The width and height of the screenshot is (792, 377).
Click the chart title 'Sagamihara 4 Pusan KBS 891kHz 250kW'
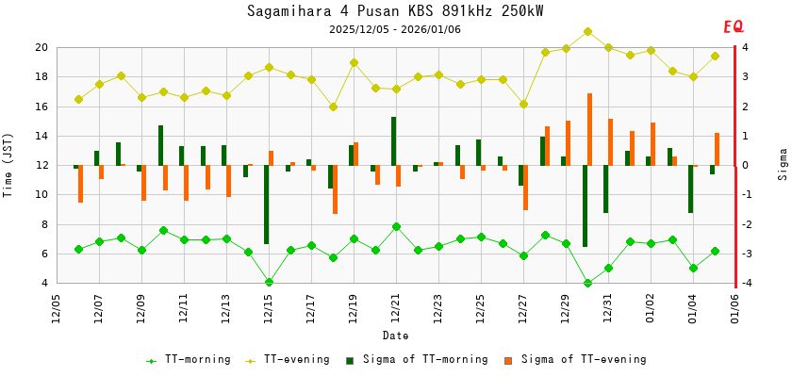click(x=395, y=11)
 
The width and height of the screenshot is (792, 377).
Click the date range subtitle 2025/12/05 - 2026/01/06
click(x=395, y=29)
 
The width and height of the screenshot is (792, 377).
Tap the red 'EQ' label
click(x=733, y=27)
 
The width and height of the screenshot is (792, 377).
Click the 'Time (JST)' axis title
click(x=8, y=165)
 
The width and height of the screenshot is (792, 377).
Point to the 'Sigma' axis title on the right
click(x=783, y=164)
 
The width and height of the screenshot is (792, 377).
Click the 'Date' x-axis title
click(x=395, y=336)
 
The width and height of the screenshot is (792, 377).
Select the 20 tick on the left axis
click(x=41, y=47)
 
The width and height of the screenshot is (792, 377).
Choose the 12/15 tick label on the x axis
click(x=269, y=308)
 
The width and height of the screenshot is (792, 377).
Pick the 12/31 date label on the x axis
click(x=608, y=308)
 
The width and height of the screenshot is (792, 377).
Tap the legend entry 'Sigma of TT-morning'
click(x=421, y=359)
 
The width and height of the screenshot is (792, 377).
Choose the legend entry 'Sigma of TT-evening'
click(x=579, y=359)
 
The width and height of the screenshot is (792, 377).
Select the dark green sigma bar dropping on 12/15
click(x=267, y=205)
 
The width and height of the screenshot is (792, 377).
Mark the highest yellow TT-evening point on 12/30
click(x=587, y=31)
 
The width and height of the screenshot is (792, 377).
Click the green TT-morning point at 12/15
click(x=269, y=282)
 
